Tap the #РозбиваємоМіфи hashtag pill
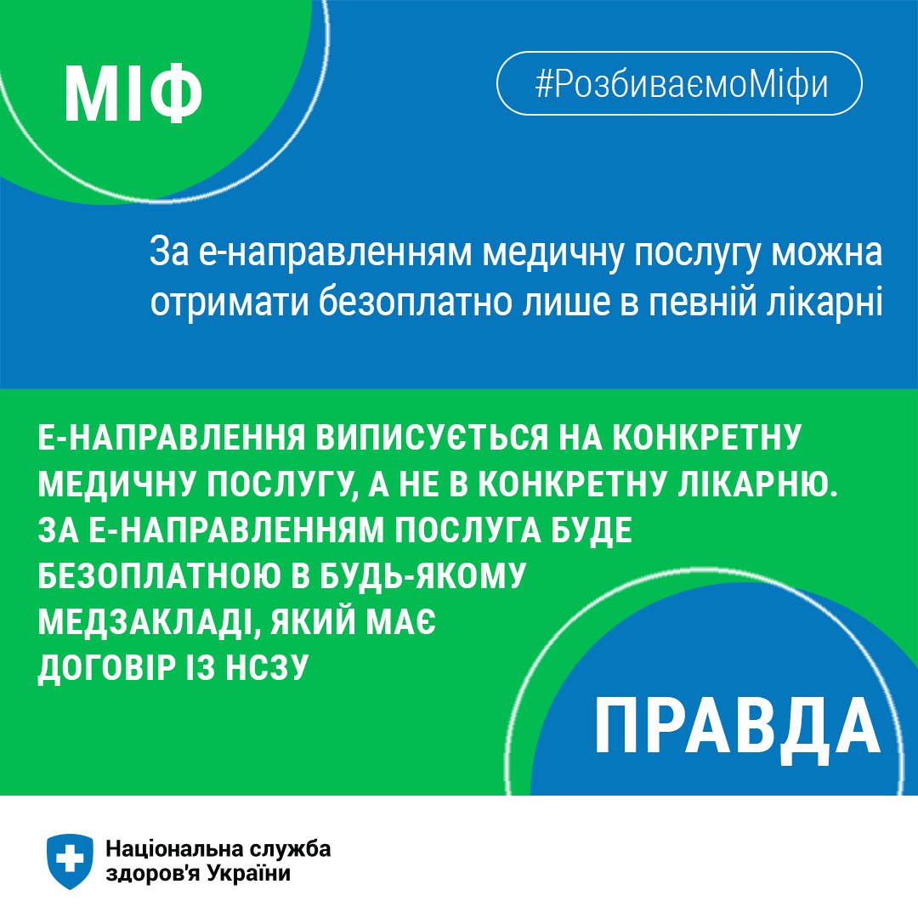679,83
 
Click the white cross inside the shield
70,858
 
